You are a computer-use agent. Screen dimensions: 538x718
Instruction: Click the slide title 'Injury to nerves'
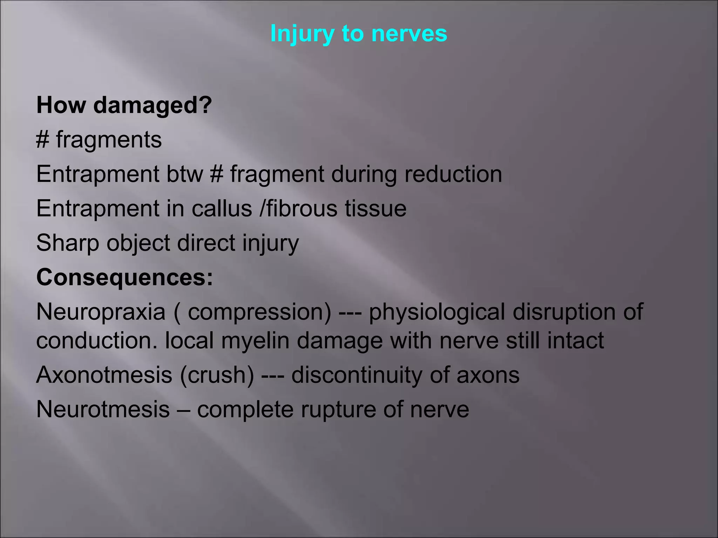point(359,34)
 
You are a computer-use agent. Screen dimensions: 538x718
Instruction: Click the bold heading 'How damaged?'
point(124,105)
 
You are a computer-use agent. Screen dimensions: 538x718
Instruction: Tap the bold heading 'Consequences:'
point(124,277)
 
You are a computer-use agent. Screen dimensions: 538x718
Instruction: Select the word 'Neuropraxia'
point(101,312)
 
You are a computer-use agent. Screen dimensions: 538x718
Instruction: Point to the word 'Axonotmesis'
point(104,374)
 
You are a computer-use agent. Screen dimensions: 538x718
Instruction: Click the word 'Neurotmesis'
point(103,409)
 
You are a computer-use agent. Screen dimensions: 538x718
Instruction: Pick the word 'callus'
point(222,208)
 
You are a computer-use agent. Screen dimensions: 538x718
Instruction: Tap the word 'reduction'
point(453,174)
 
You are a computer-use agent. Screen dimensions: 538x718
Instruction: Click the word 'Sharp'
point(68,243)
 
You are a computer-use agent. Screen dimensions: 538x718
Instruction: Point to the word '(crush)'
point(217,374)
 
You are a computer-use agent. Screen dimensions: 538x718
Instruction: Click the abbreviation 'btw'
point(185,174)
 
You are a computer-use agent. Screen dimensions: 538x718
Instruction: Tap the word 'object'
point(138,243)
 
